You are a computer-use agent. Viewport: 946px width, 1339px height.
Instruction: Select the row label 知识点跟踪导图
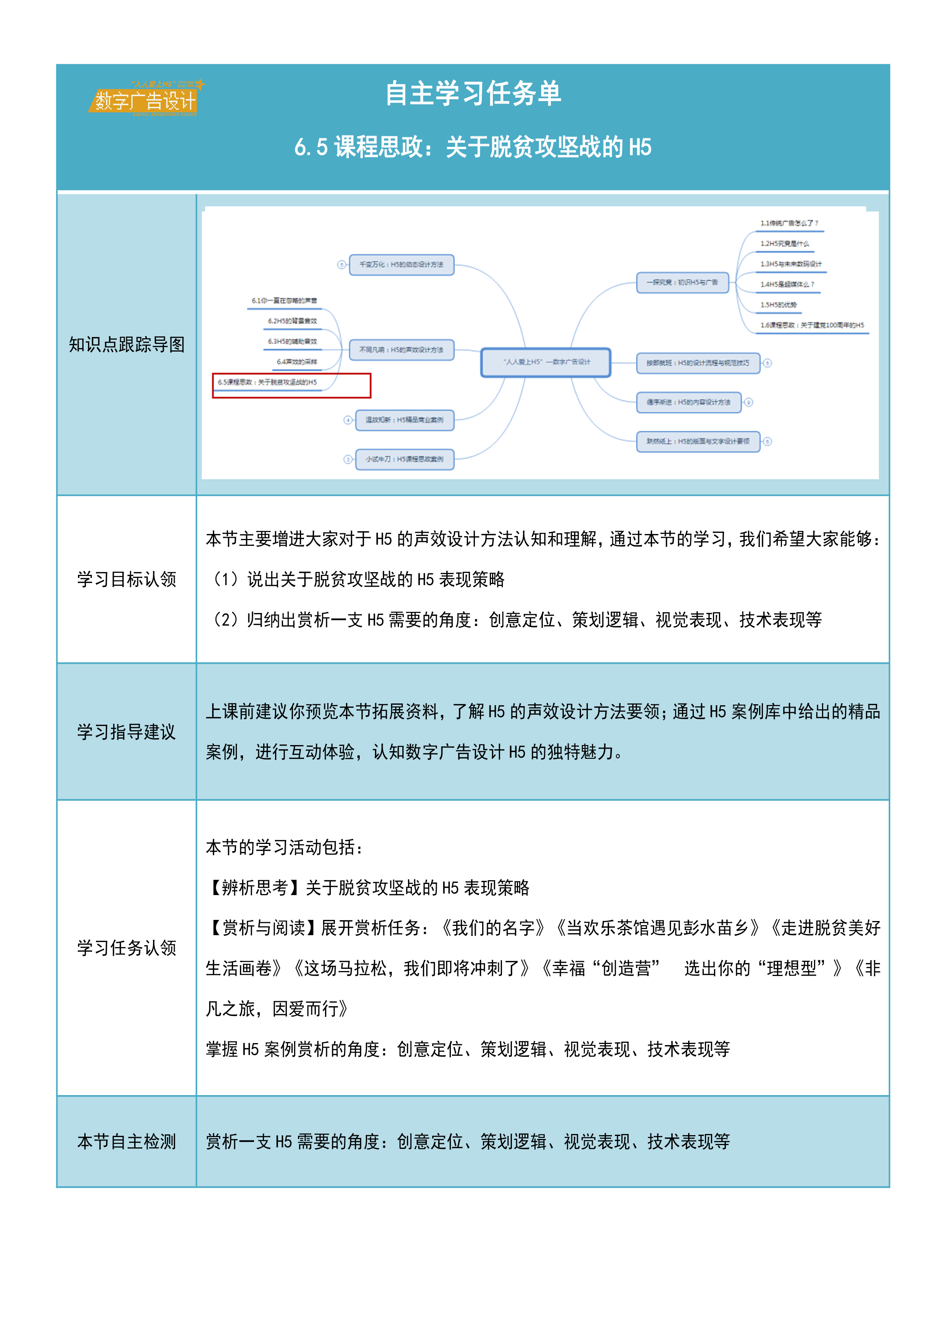pyautogui.click(x=127, y=345)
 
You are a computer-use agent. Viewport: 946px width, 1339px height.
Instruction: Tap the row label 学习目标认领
pyautogui.click(x=127, y=579)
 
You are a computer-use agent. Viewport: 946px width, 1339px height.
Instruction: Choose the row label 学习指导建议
pyautogui.click(x=127, y=732)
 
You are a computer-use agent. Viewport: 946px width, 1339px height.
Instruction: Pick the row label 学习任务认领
pyautogui.click(x=127, y=948)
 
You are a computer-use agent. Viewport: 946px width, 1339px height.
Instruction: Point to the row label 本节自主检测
pyautogui.click(x=127, y=1141)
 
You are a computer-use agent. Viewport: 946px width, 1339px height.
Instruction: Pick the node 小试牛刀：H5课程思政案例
pyautogui.click(x=404, y=459)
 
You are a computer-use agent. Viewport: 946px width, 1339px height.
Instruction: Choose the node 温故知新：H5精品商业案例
pyautogui.click(x=404, y=420)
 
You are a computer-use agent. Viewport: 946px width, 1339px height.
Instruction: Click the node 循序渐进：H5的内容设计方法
pyautogui.click(x=689, y=402)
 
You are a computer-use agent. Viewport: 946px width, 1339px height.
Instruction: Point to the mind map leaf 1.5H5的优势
pyautogui.click(x=778, y=305)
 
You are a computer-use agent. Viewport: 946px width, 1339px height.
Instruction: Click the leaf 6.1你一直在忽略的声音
pyautogui.click(x=285, y=301)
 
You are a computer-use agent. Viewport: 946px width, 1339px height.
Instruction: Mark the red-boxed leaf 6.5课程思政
pyautogui.click(x=267, y=382)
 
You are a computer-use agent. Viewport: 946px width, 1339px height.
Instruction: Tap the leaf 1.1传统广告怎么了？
pyautogui.click(x=789, y=223)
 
